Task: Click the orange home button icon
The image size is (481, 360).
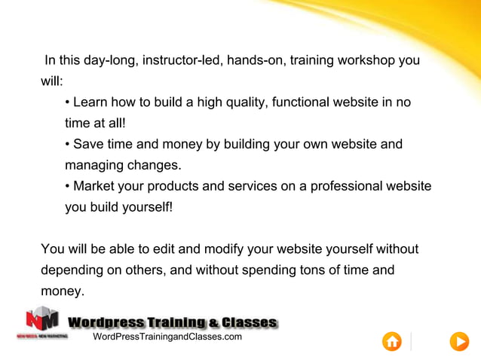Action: (x=392, y=341)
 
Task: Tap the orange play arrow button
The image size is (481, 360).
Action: (x=459, y=341)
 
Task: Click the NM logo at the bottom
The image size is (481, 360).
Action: (x=42, y=320)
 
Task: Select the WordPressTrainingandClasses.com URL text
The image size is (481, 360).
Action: (x=167, y=337)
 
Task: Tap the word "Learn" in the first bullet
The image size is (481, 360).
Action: (x=90, y=102)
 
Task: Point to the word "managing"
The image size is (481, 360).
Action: (x=93, y=164)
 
